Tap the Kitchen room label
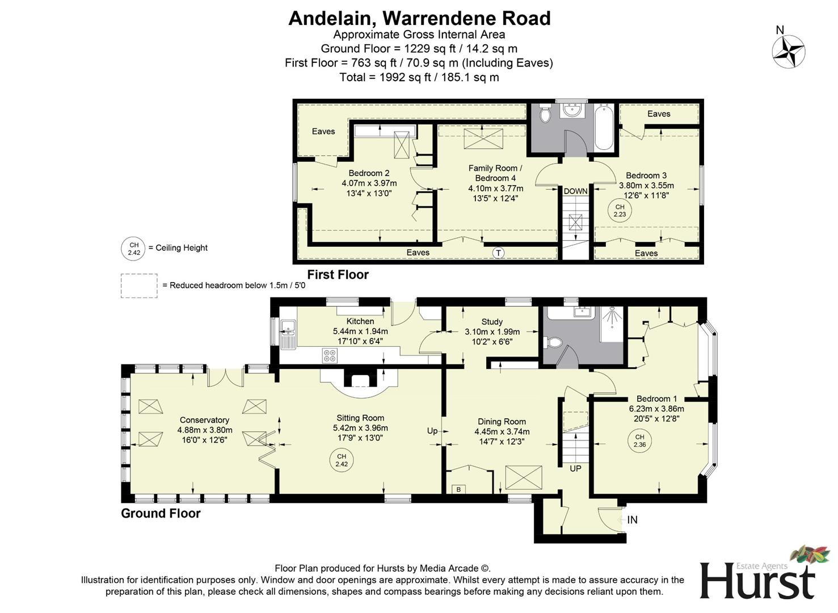pyautogui.click(x=360, y=321)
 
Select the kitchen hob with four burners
pyautogui.click(x=330, y=356)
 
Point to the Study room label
pyautogui.click(x=492, y=322)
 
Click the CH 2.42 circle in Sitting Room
pyautogui.click(x=342, y=460)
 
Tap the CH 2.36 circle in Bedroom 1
pyautogui.click(x=639, y=441)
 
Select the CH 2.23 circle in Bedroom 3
pyautogui.click(x=620, y=211)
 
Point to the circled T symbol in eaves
pyautogui.click(x=498, y=253)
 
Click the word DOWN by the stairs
pyautogui.click(x=575, y=191)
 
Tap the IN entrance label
pyautogui.click(x=632, y=520)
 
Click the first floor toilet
pyautogui.click(x=545, y=114)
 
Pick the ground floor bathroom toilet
pyautogui.click(x=554, y=342)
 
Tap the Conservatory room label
pyautogui.click(x=204, y=420)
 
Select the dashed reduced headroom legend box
pyautogui.click(x=139, y=285)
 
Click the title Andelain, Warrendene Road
pyautogui.click(x=419, y=18)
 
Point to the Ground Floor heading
pyautogui.click(x=161, y=514)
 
